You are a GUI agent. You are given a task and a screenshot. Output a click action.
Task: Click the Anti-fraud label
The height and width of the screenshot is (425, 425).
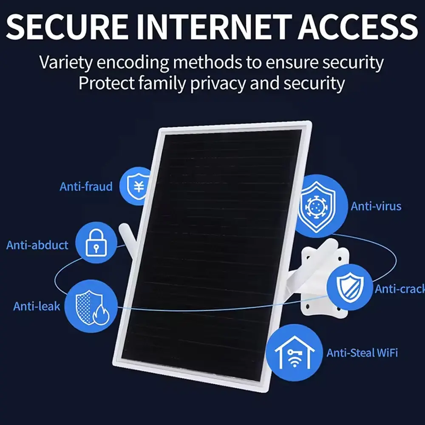[x=86, y=186]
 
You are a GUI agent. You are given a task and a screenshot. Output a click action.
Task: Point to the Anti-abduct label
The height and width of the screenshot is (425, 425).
[x=37, y=245]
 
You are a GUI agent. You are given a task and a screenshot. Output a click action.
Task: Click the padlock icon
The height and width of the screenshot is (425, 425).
[x=95, y=243]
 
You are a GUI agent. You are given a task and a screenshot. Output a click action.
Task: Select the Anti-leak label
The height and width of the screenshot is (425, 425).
[x=37, y=306]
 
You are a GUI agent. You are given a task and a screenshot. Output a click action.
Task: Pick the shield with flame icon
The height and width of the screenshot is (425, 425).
[x=92, y=303]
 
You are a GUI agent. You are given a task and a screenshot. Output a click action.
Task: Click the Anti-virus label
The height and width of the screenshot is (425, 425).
[x=376, y=207]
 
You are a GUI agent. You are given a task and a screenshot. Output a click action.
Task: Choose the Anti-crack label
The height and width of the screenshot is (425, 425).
[x=399, y=289]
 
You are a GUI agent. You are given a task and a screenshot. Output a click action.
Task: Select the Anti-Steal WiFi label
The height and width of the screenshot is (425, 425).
[x=362, y=352]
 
